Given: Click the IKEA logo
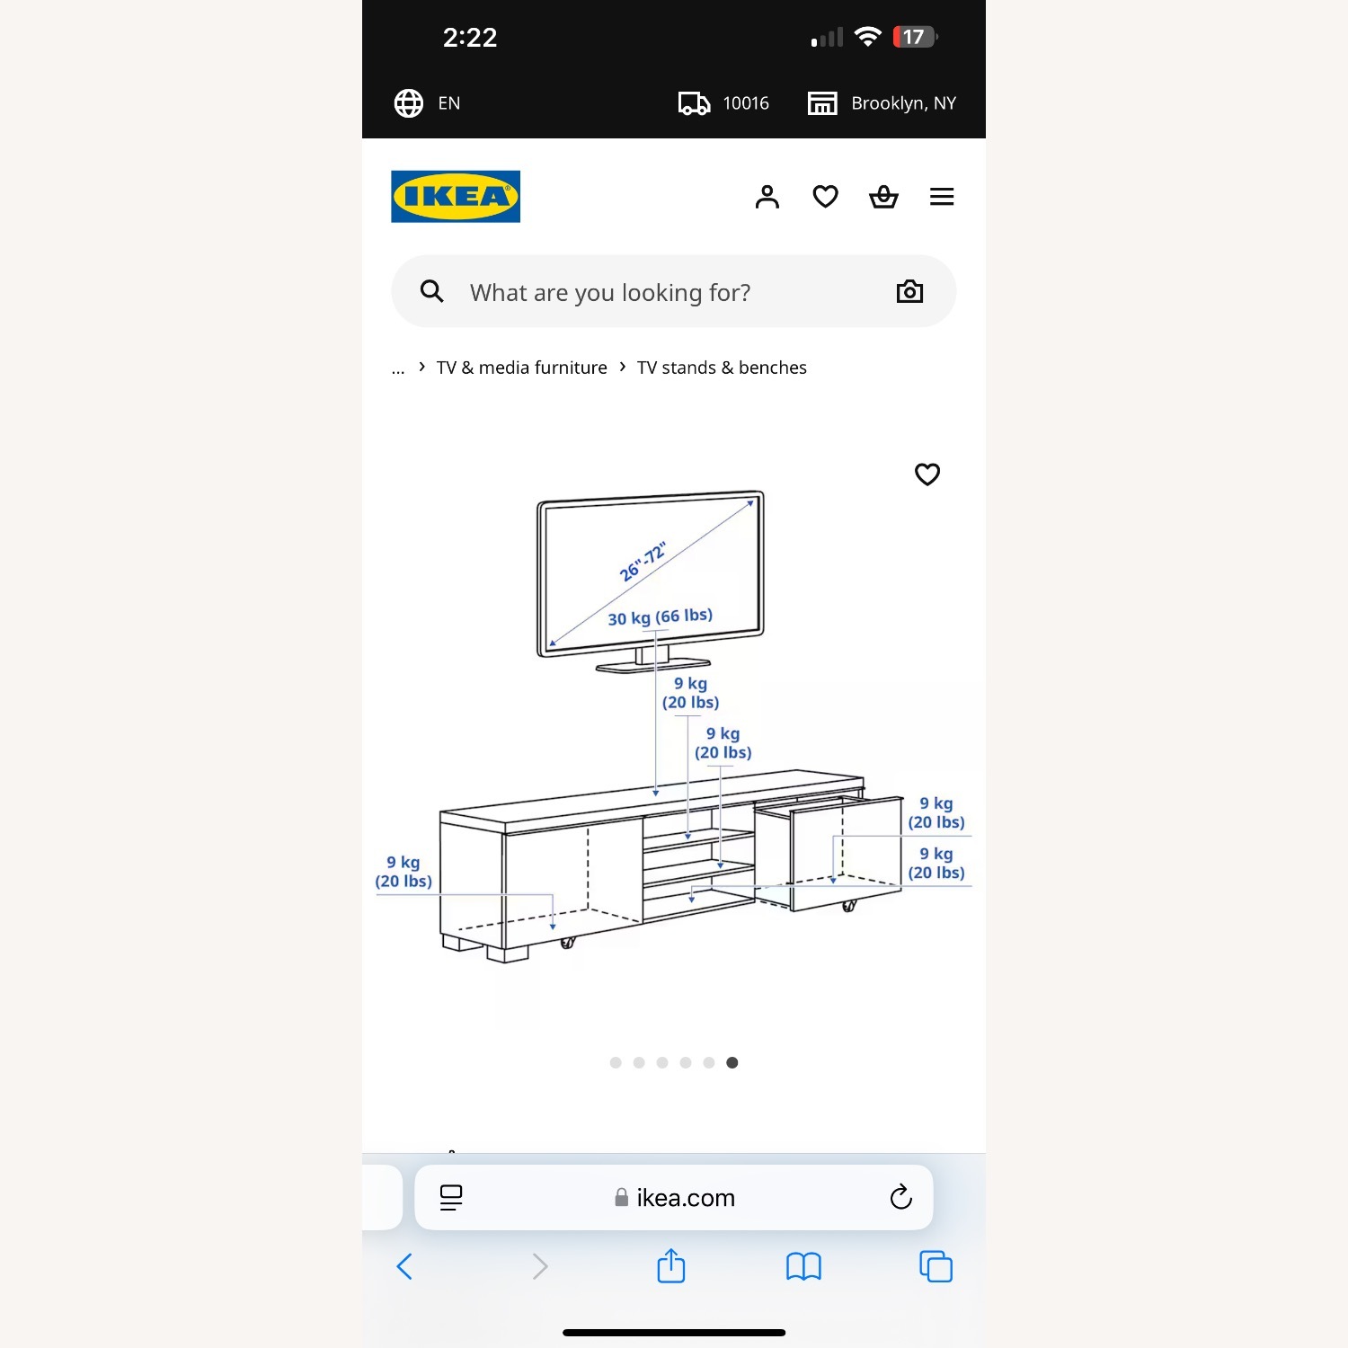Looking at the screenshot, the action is (x=456, y=196).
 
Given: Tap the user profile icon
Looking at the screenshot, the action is (x=767, y=197).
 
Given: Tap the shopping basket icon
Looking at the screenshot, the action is (x=883, y=196).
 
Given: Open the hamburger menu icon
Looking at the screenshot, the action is (x=942, y=196).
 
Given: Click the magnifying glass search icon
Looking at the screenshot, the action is (x=432, y=291).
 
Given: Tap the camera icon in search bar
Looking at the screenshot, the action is (x=909, y=291).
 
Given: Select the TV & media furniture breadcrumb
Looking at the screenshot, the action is (x=522, y=368).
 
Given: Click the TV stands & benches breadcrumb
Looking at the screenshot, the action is (x=722, y=368).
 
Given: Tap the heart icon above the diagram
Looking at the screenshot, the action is (x=927, y=474).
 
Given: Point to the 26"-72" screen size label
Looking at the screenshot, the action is (x=643, y=562).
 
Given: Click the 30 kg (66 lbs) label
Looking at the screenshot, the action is (x=661, y=617).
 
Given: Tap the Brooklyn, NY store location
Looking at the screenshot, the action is (x=903, y=103).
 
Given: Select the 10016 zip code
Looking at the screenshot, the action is (x=746, y=103).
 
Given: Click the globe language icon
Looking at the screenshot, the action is (x=409, y=103).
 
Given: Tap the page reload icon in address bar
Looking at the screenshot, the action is (x=900, y=1197).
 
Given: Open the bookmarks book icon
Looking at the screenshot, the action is (x=803, y=1267).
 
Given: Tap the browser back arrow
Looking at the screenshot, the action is (x=404, y=1267).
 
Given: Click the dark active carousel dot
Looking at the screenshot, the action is (x=732, y=1063).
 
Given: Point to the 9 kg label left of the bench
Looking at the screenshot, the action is (x=404, y=872).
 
